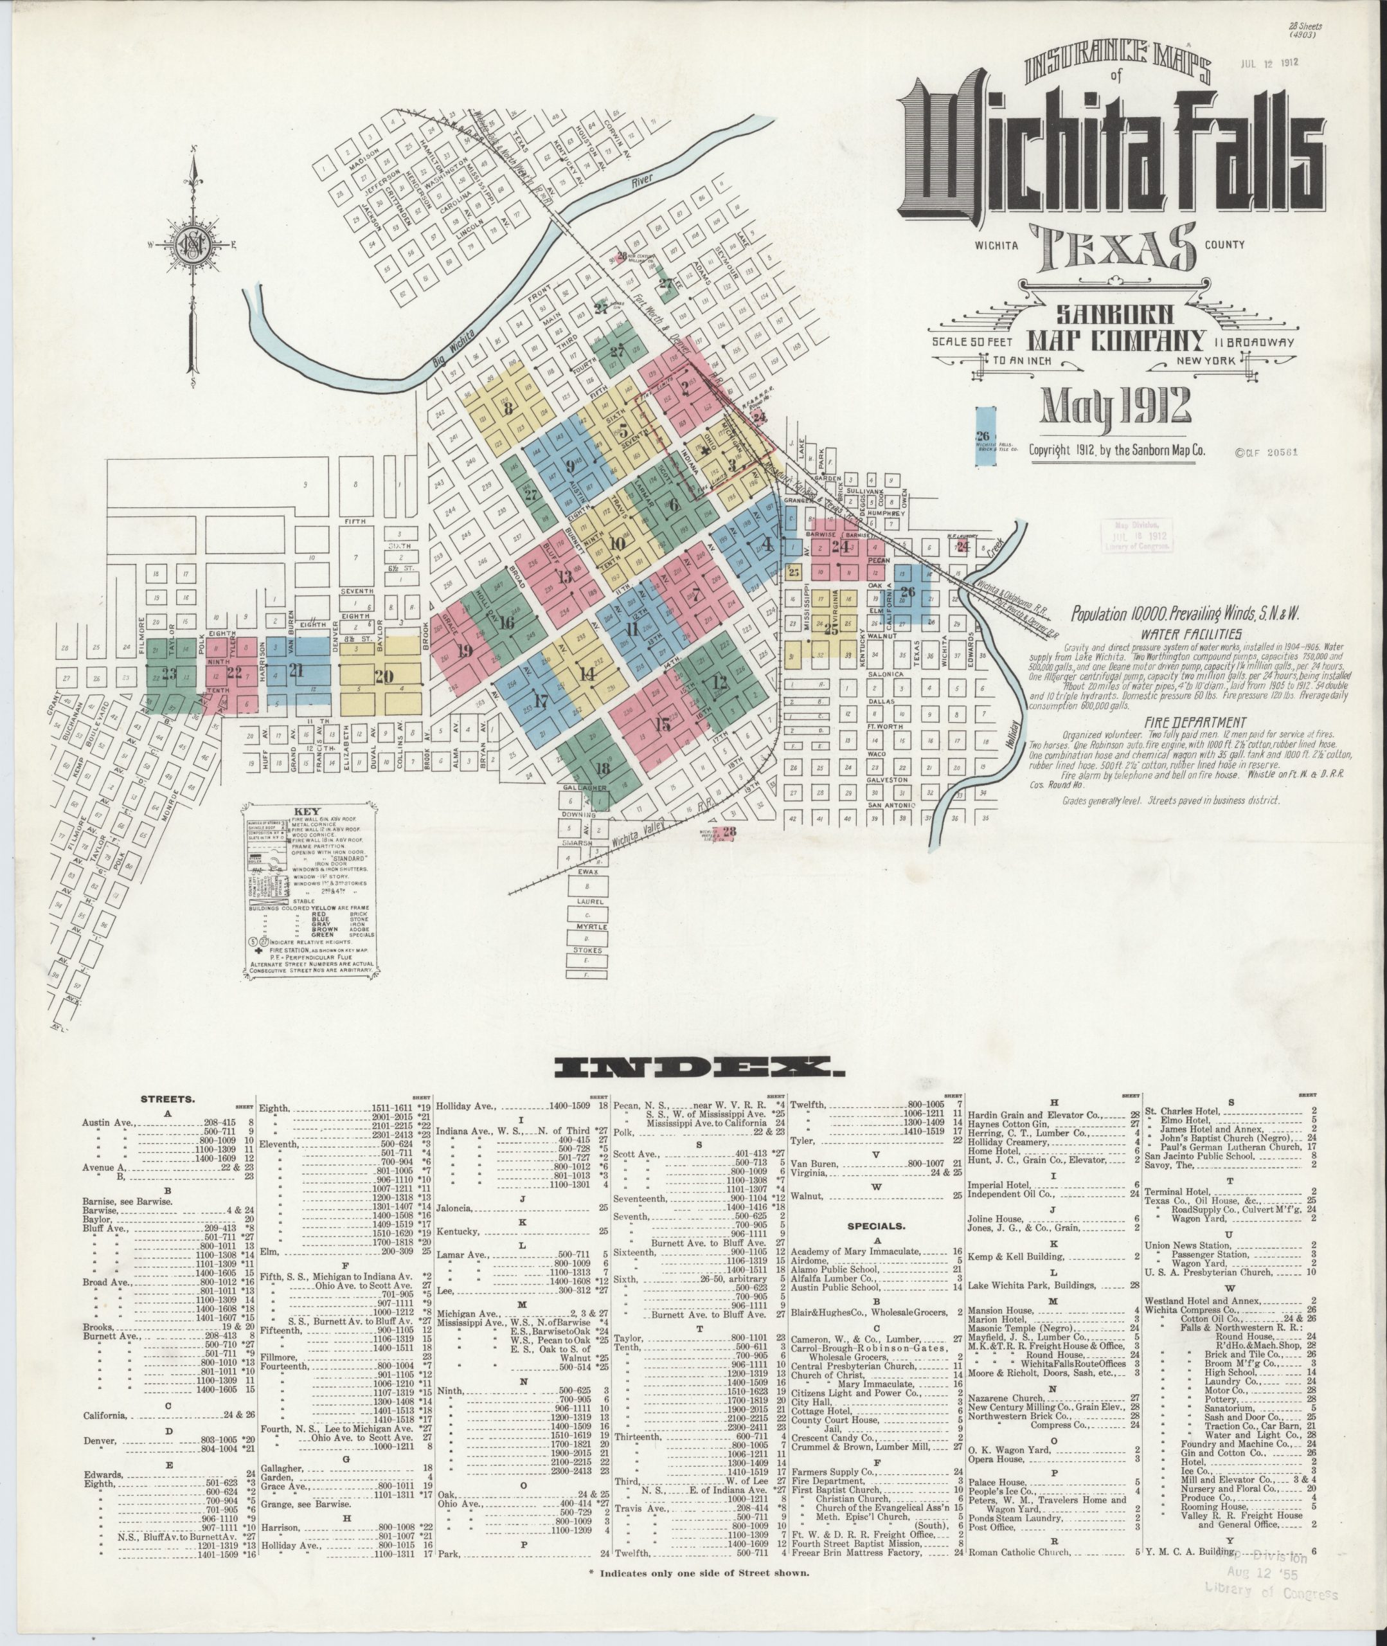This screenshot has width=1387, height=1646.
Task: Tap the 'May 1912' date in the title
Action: pyautogui.click(x=1116, y=406)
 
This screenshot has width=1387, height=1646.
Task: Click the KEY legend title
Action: pyautogui.click(x=307, y=811)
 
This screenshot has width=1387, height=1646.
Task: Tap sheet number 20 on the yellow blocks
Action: pyautogui.click(x=383, y=676)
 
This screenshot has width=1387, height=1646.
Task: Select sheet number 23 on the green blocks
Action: pyautogui.click(x=168, y=673)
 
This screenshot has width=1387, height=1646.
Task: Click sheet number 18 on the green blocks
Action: pyautogui.click(x=603, y=768)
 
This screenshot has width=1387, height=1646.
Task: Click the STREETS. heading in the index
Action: pyautogui.click(x=168, y=1099)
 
